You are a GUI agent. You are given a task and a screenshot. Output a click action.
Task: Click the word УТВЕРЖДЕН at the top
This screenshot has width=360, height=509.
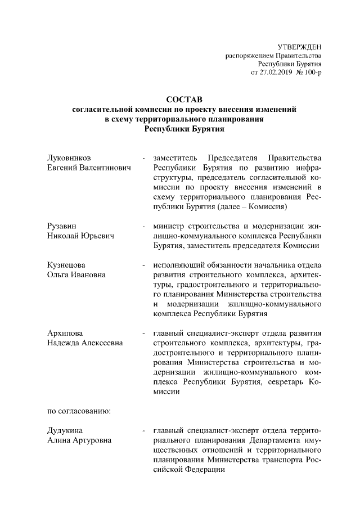299,46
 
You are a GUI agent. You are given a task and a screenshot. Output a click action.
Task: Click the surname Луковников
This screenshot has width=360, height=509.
68,157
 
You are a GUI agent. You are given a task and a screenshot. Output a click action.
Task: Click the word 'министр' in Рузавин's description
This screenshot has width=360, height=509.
169,226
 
